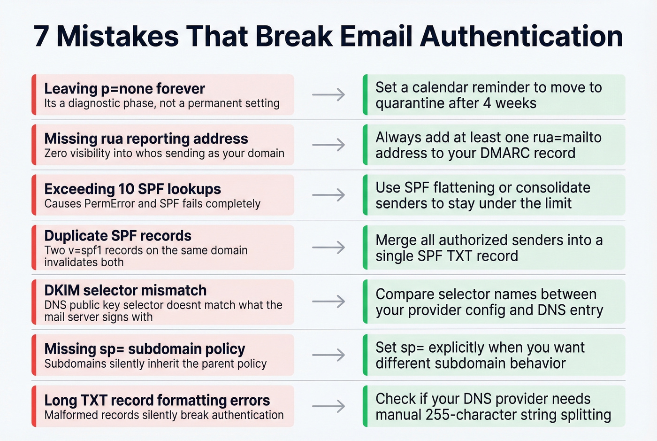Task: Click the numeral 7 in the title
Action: click(41, 36)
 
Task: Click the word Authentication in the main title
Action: click(521, 36)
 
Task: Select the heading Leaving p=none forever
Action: click(124, 88)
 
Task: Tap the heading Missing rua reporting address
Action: click(146, 139)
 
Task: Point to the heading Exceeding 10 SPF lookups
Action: click(132, 189)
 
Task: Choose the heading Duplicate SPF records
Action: click(118, 235)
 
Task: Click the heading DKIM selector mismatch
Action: click(125, 290)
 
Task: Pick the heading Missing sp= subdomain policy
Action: click(145, 349)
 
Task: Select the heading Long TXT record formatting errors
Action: click(157, 400)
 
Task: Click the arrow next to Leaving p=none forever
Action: click(328, 95)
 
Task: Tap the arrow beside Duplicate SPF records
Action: click(328, 248)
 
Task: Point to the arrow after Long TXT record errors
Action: click(328, 406)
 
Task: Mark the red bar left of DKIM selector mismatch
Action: click(34, 302)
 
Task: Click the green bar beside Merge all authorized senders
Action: click(365, 248)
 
